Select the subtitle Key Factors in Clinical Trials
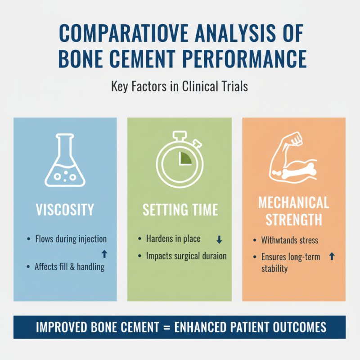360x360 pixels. [180, 86]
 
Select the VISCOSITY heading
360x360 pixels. [65, 210]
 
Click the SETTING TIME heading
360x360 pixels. [180, 210]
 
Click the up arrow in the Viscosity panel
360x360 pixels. [105, 255]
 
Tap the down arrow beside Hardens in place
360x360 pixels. [219, 239]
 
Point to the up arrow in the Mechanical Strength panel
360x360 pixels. [332, 256]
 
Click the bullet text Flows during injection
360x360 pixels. [71, 239]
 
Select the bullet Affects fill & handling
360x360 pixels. [69, 266]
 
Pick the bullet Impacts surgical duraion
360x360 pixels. [186, 256]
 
